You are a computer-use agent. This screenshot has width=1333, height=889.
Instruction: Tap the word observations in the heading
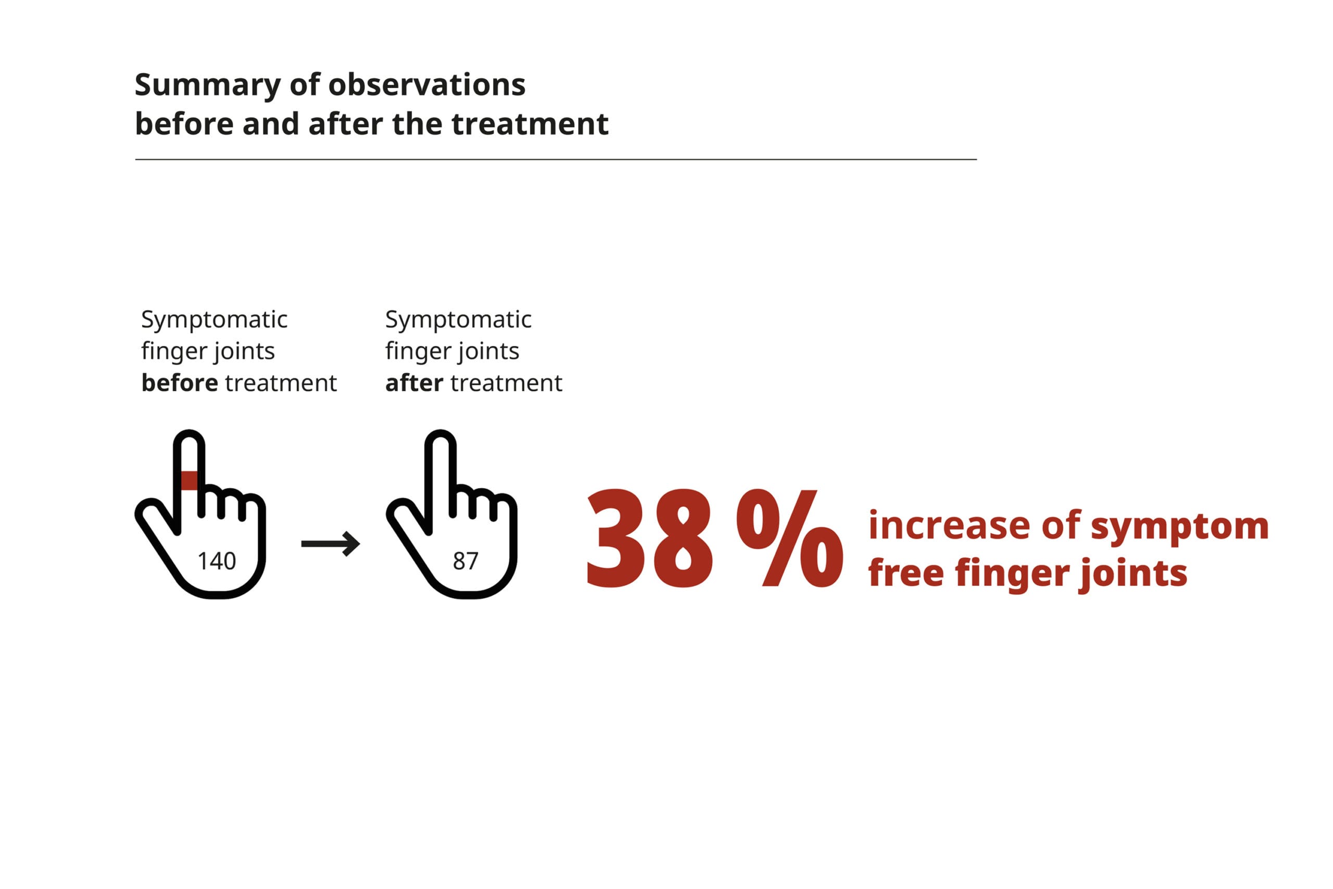point(427,84)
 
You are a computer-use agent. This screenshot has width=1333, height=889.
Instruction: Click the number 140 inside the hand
point(217,561)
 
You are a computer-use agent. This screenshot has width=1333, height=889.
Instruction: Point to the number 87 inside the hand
point(466,561)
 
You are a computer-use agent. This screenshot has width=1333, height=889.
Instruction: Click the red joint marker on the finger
point(188,480)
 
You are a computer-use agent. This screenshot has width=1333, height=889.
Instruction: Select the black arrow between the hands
point(331,544)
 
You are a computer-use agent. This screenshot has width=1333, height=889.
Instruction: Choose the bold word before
point(180,383)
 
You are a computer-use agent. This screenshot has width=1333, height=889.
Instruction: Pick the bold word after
point(414,383)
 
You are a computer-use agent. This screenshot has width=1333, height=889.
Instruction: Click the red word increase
point(949,525)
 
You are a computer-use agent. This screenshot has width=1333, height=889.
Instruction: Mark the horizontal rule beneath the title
point(556,159)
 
